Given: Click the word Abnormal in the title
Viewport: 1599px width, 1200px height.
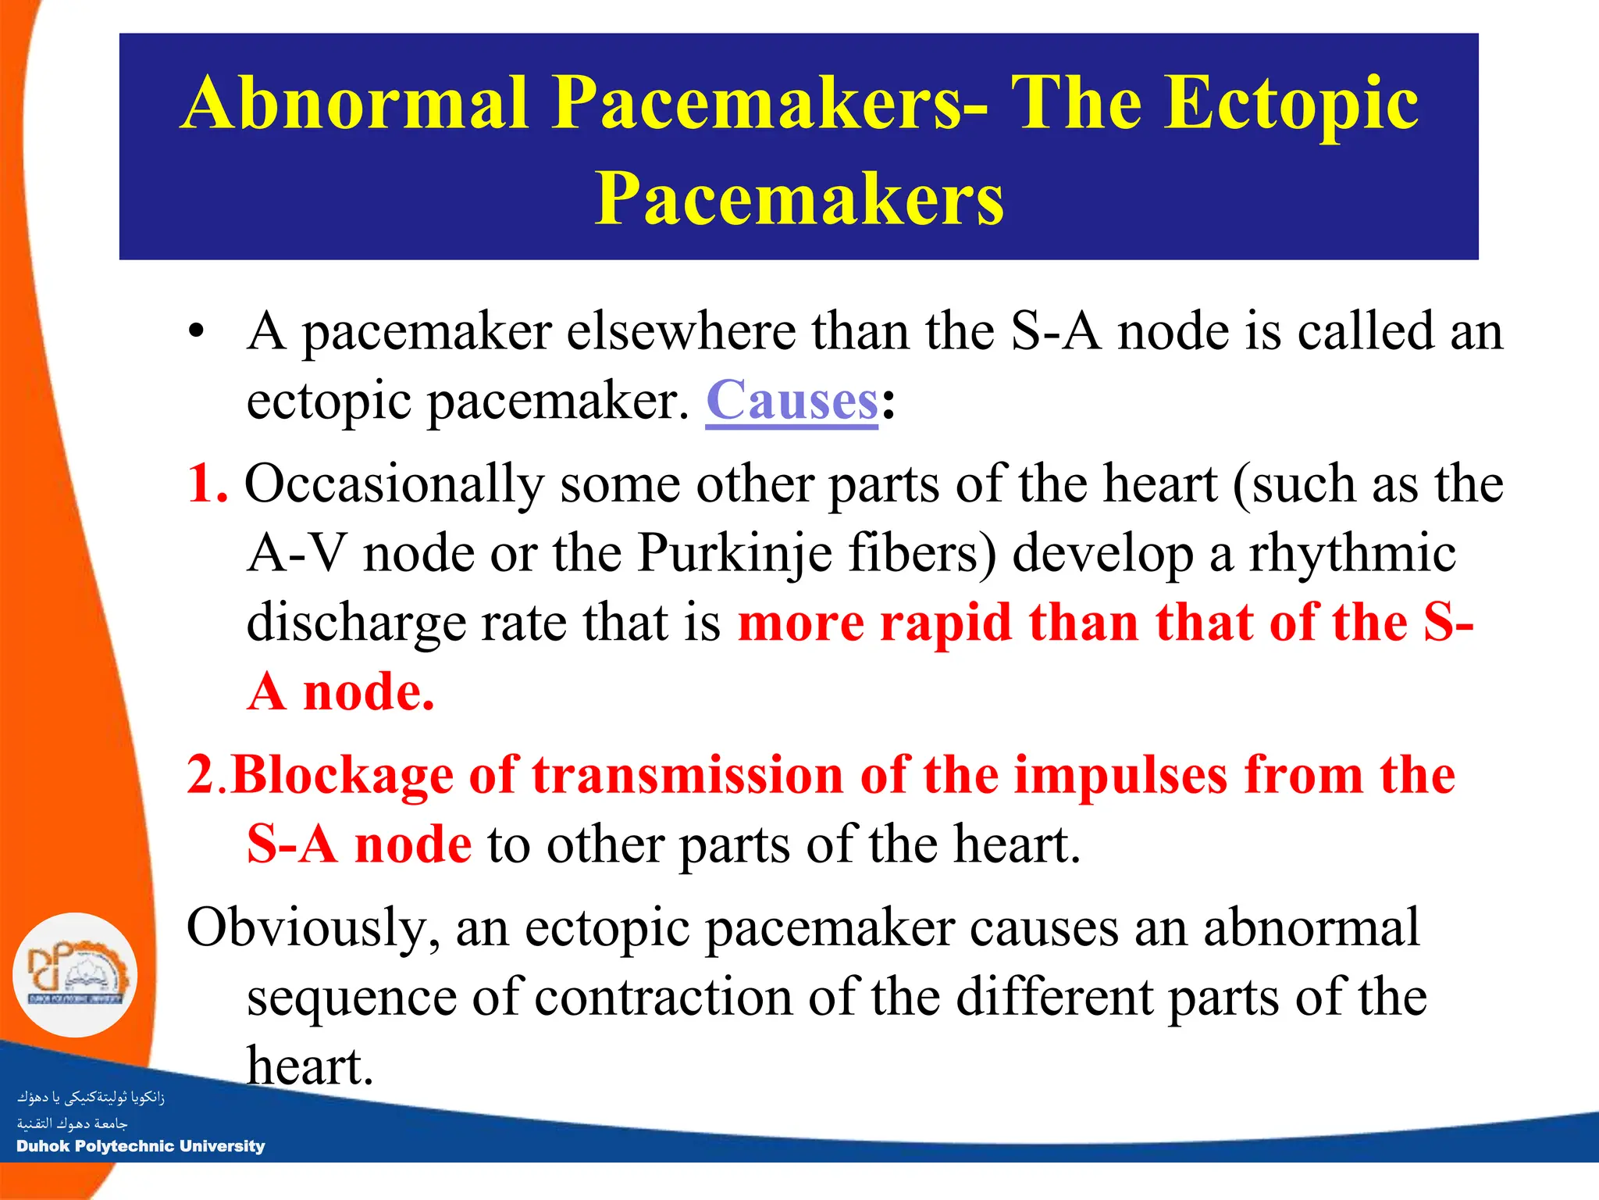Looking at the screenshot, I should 356,103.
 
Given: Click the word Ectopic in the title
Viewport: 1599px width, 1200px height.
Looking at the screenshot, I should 1291,103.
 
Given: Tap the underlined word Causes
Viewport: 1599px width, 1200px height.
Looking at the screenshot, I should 792,400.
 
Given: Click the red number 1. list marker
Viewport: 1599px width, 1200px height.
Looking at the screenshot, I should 208,483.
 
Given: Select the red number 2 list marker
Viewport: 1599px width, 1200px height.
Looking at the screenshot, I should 201,775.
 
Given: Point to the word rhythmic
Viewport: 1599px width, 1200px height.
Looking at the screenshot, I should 1352,553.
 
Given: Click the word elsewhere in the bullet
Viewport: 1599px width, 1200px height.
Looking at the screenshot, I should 680,331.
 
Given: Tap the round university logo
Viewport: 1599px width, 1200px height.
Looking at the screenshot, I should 75,975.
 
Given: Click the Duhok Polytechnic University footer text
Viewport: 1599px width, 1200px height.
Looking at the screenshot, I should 141,1146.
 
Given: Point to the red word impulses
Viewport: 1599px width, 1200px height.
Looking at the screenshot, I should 1121,775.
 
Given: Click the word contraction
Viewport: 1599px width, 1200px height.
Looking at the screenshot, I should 663,998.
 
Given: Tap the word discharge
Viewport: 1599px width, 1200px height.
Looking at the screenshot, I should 355,623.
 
